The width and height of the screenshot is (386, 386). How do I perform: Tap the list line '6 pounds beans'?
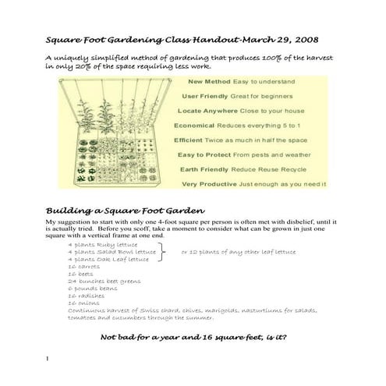pyautogui.click(x=90, y=289)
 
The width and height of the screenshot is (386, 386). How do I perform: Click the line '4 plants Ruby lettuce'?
pyautogui.click(x=101, y=245)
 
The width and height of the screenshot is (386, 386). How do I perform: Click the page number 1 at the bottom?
pyautogui.click(x=48, y=359)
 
